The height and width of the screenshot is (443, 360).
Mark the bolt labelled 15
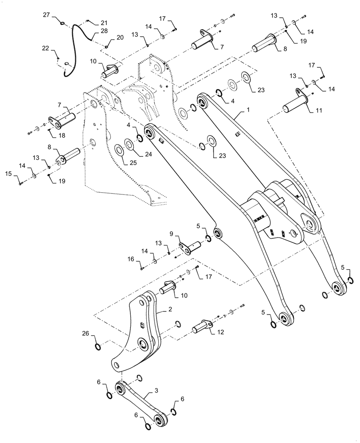tap(21, 183)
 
